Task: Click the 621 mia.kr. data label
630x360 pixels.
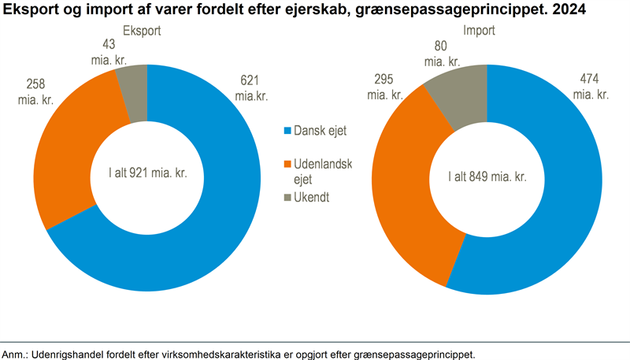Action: coord(248,88)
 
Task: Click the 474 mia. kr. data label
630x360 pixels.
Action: coord(591,86)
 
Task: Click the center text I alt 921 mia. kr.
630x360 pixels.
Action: coord(148,173)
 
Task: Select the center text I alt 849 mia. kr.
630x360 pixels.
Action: coord(486,176)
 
